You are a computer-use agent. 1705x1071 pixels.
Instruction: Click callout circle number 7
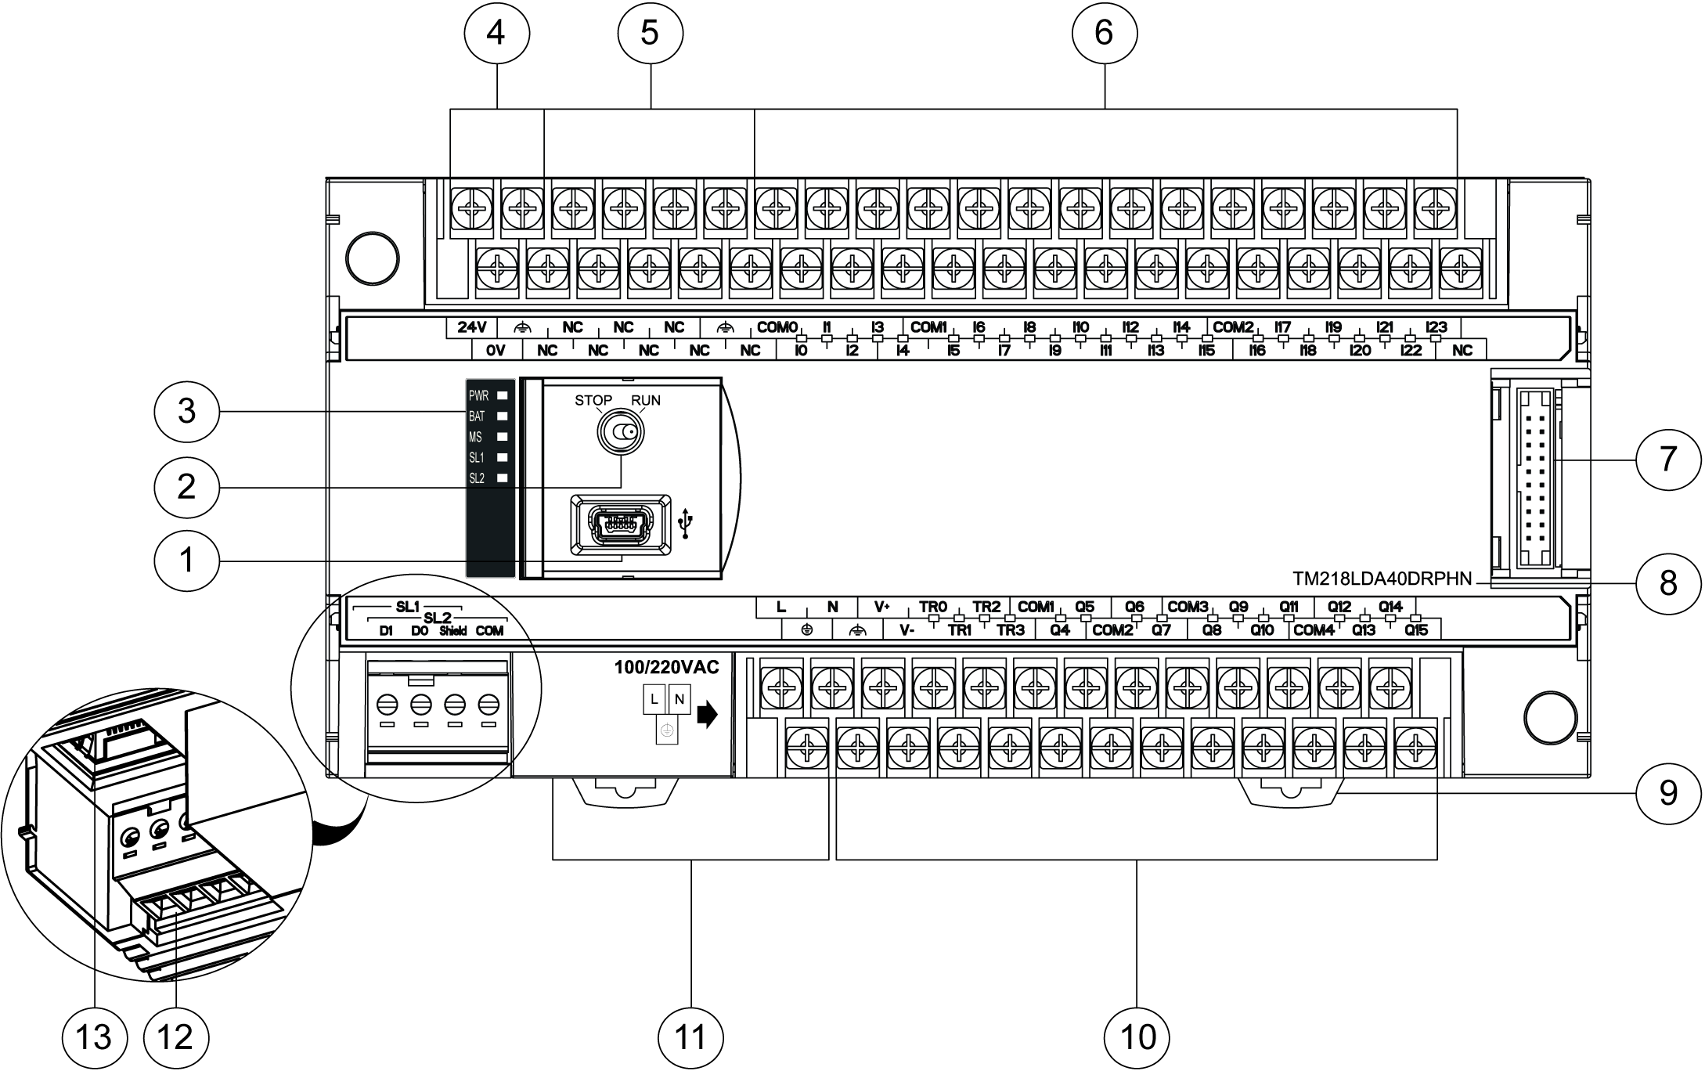click(x=1668, y=457)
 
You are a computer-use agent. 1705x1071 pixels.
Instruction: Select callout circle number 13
click(x=94, y=1037)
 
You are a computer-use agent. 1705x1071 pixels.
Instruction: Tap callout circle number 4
click(x=496, y=33)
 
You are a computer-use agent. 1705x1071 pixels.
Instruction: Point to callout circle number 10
click(x=1137, y=1037)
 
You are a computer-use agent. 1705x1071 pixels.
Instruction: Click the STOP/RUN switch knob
click(x=620, y=433)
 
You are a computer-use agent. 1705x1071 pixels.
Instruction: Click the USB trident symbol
click(x=687, y=524)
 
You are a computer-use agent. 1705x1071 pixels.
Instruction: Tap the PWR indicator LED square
click(x=503, y=396)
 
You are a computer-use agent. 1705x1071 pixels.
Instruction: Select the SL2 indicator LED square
click(x=503, y=478)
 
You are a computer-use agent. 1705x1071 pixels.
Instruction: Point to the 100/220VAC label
click(x=666, y=668)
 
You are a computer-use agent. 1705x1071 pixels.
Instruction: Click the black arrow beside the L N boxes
click(x=707, y=715)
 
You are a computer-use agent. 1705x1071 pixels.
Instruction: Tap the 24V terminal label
click(x=472, y=327)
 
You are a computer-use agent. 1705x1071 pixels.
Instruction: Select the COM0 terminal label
click(x=777, y=327)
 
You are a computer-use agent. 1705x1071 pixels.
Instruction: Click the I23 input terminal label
click(x=1436, y=327)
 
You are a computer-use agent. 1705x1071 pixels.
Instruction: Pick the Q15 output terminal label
click(x=1416, y=630)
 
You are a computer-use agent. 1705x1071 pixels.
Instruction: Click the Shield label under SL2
click(x=453, y=631)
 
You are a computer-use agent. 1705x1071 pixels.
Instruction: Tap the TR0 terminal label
click(x=933, y=607)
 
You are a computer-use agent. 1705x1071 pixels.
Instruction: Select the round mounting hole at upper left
click(x=373, y=258)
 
